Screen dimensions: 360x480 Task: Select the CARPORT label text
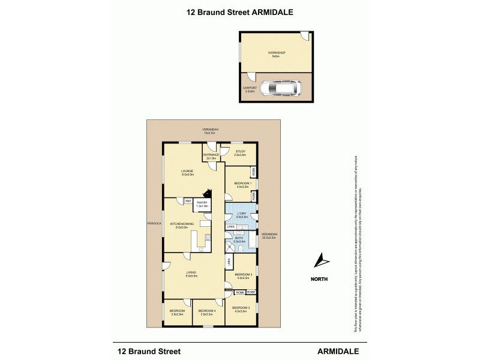pyautogui.click(x=249, y=88)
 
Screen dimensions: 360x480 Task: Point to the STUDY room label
pyautogui.click(x=240, y=152)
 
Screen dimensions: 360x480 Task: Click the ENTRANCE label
pyautogui.click(x=211, y=154)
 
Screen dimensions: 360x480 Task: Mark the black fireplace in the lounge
pyautogui.click(x=207, y=193)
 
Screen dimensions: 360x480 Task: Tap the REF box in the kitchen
pyautogui.click(x=188, y=201)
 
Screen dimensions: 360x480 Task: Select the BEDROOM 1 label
pyautogui.click(x=242, y=184)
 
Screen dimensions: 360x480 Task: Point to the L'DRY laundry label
pyautogui.click(x=241, y=213)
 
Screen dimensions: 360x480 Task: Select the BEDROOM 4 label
pyautogui.click(x=206, y=310)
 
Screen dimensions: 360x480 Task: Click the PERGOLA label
pyautogui.click(x=154, y=223)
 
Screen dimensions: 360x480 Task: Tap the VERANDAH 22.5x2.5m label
pyautogui.click(x=269, y=235)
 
